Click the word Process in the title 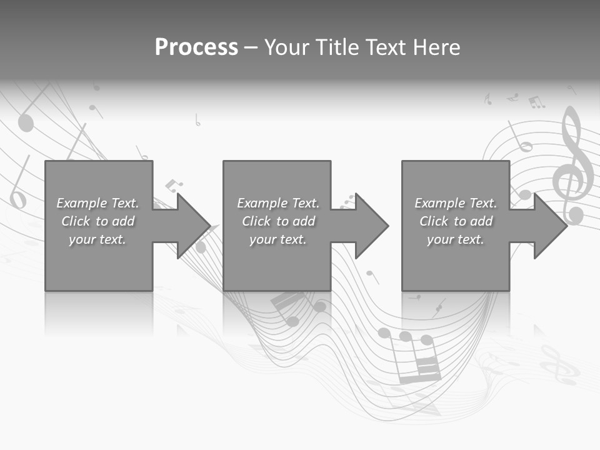(x=196, y=47)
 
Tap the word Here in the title (x=437, y=47)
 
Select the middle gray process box (x=277, y=262)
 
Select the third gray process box (x=455, y=262)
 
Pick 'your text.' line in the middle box (x=277, y=239)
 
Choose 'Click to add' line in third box (x=456, y=221)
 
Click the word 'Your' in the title (x=286, y=47)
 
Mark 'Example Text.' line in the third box (x=456, y=203)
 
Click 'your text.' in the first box (x=97, y=239)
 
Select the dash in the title (x=249, y=47)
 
